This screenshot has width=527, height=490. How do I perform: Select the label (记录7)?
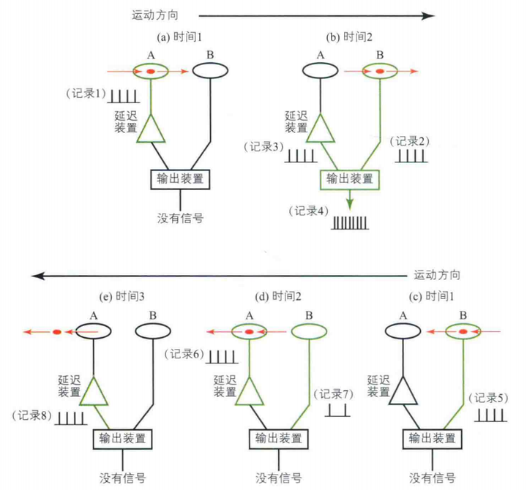pos(333,394)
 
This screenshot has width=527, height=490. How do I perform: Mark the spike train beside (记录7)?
pos(337,410)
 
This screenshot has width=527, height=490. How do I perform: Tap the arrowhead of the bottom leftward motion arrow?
pos(35,276)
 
